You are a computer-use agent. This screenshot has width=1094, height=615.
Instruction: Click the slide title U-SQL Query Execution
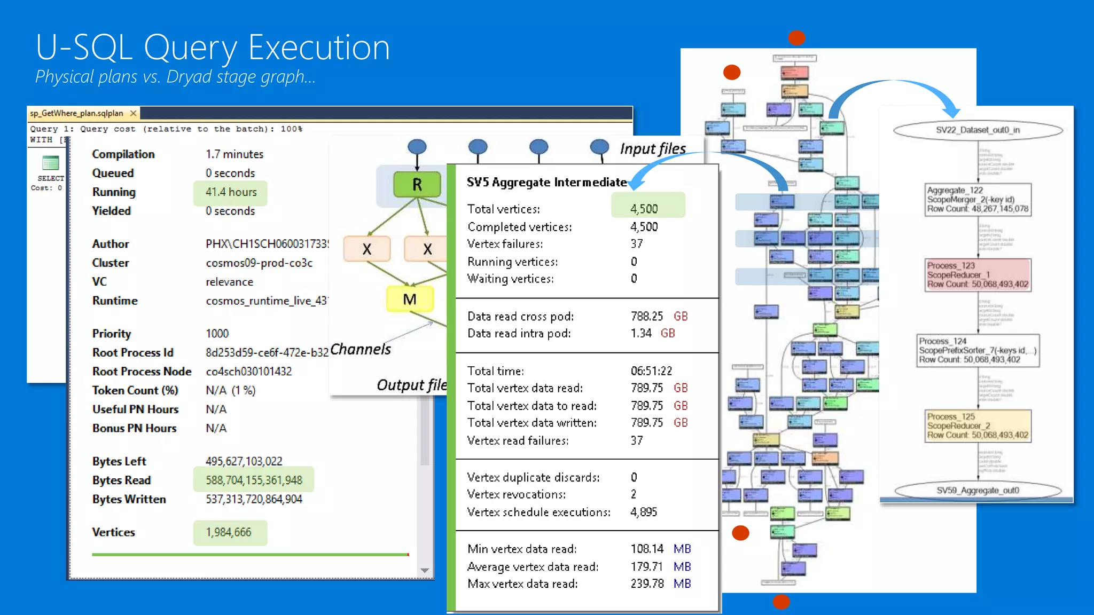tap(213, 48)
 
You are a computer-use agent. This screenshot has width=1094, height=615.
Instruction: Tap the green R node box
tap(417, 184)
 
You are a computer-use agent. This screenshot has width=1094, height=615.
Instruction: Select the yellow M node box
tap(410, 299)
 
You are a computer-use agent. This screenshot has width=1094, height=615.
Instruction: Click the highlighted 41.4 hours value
tap(231, 192)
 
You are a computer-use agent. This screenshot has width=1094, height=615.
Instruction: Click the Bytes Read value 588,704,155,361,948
tap(254, 480)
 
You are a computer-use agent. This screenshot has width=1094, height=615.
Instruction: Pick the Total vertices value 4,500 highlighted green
tap(644, 209)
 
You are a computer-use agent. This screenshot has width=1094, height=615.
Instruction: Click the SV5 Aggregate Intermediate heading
tap(546, 182)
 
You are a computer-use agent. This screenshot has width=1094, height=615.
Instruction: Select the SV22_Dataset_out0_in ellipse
tap(978, 130)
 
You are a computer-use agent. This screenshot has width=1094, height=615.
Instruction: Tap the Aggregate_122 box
tap(978, 200)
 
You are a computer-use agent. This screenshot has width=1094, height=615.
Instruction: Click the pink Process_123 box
tap(978, 275)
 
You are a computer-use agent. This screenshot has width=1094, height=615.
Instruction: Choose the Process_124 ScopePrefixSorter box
tap(978, 350)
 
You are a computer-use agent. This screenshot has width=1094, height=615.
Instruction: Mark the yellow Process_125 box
tap(978, 425)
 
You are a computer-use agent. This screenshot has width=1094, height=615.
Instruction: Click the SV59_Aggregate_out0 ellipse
tap(978, 491)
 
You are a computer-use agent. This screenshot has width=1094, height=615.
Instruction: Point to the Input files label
tap(653, 148)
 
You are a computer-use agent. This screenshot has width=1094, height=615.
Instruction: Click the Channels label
tap(361, 349)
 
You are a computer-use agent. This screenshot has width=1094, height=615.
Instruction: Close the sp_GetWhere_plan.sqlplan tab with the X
tap(133, 113)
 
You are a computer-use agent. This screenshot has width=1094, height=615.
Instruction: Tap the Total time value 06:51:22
tap(651, 371)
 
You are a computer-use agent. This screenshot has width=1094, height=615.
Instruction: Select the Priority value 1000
tap(217, 334)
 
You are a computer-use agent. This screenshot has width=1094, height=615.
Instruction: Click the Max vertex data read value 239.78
tap(647, 584)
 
